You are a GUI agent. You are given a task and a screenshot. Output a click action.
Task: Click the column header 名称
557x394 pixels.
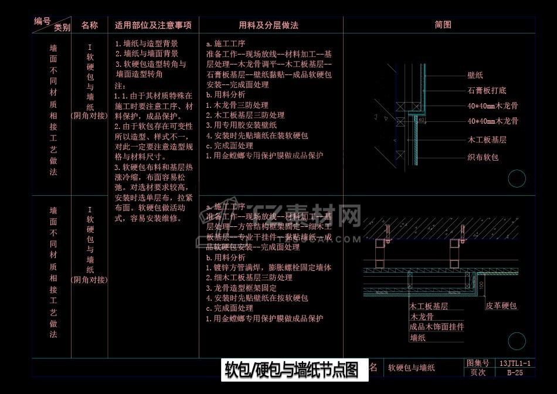89,25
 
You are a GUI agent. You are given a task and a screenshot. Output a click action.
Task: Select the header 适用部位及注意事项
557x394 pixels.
153,25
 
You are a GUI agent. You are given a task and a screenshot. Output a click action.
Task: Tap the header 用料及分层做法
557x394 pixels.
269,25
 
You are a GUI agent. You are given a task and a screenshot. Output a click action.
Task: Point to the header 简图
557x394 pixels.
443,25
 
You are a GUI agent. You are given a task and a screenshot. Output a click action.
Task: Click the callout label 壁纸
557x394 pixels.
475,76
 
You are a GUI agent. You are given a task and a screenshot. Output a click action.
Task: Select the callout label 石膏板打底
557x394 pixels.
487,90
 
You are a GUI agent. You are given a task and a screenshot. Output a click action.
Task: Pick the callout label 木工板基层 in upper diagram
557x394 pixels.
487,140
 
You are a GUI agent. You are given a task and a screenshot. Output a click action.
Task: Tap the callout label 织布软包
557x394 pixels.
483,157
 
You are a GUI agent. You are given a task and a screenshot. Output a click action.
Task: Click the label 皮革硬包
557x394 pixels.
501,305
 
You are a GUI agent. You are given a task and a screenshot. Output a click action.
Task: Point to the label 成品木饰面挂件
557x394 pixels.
436,327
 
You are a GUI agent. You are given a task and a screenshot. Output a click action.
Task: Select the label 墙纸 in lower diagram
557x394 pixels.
417,338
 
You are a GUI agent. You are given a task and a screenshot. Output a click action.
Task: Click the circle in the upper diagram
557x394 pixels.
517,178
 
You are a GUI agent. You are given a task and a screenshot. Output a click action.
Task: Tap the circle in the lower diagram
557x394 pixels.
517,341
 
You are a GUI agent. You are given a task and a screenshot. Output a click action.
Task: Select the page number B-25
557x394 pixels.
515,372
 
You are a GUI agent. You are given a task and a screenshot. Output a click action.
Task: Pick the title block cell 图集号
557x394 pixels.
477,364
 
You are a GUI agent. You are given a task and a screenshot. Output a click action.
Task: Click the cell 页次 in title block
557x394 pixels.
477,372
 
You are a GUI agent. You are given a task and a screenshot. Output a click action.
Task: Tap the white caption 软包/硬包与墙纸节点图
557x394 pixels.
291,370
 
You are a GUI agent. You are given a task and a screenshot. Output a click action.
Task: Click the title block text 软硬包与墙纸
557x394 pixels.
412,368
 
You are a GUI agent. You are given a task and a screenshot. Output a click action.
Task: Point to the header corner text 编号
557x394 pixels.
42,21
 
